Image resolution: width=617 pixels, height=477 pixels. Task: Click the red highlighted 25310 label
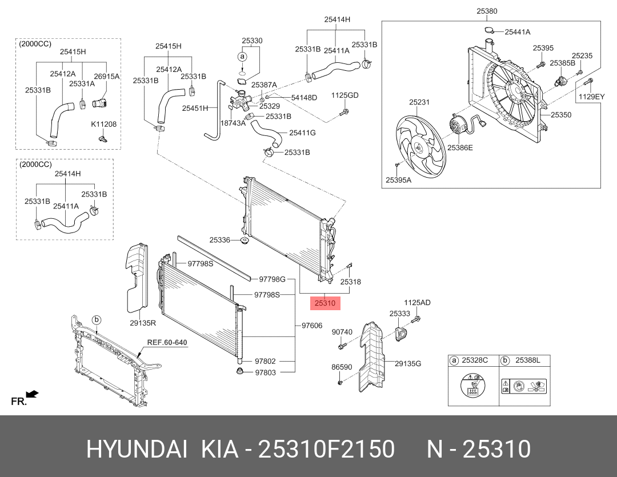[x=325, y=303]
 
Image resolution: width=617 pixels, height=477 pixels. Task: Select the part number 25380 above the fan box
[x=487, y=11]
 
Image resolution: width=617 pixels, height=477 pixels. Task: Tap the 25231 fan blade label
[x=419, y=103]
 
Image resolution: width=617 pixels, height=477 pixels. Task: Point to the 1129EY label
[x=591, y=97]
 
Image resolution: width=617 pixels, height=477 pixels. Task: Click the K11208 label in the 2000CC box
[x=103, y=124]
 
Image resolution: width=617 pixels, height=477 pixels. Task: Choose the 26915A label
[x=107, y=76]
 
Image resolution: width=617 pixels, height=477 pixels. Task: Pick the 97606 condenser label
[x=312, y=326]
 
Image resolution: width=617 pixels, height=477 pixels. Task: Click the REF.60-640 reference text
[x=167, y=343]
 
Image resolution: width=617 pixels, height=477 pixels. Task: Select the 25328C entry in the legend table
[x=475, y=360]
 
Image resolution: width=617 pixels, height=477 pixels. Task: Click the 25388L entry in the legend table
[x=527, y=360]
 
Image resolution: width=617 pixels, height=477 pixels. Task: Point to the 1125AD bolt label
[x=417, y=302]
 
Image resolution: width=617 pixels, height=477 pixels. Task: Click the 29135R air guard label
[x=142, y=323]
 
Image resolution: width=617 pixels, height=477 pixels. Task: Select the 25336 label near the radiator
[x=220, y=240]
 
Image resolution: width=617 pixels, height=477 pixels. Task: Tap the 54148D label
[x=304, y=98]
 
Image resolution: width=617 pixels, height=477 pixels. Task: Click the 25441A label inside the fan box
[x=517, y=32]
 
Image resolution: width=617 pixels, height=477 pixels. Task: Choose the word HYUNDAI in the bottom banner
[x=137, y=450]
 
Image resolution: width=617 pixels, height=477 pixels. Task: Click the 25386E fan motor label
[x=460, y=147]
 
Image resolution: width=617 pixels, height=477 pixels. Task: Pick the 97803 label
[x=265, y=372]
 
